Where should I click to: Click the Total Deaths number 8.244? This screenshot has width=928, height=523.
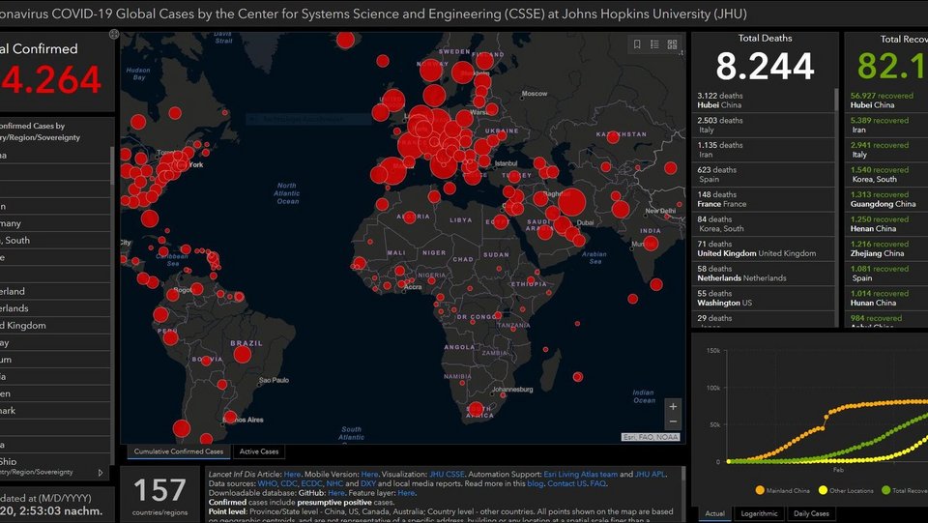point(765,66)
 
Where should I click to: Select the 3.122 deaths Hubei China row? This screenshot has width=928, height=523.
point(764,101)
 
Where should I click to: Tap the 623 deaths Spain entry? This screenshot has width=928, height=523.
point(764,175)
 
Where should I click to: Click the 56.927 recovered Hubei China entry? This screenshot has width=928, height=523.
point(884,101)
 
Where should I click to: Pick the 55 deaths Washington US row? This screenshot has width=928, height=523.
point(764,298)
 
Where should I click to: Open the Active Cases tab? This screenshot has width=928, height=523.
point(259,451)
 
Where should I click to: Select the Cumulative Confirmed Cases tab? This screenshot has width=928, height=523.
point(179,451)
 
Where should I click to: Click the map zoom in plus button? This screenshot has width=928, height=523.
point(673,406)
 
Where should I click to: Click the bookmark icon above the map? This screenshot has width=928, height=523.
point(637,44)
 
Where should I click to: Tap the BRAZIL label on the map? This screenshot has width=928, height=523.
point(246,343)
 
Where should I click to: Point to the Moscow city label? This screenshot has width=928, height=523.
point(535,94)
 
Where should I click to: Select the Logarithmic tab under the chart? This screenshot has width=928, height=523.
point(759,513)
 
